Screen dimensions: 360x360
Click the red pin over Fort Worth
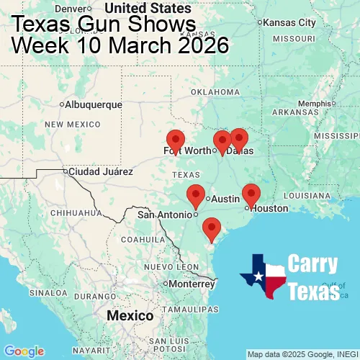(x=175, y=140)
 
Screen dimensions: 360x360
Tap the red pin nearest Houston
(x=251, y=194)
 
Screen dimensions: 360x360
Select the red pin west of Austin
(x=195, y=194)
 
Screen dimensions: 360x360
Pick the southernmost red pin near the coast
(x=211, y=228)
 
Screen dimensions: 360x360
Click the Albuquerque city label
(x=94, y=104)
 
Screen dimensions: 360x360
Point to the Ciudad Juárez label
(x=100, y=172)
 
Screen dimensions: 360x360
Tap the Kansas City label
(x=289, y=22)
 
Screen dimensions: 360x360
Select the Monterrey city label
(x=192, y=283)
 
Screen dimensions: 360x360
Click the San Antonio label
(x=165, y=214)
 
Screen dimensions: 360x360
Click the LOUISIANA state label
(x=311, y=195)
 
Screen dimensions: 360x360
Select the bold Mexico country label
(x=130, y=316)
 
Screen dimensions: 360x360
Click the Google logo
(x=24, y=351)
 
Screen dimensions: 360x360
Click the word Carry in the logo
(x=314, y=264)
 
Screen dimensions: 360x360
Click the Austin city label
(x=225, y=199)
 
